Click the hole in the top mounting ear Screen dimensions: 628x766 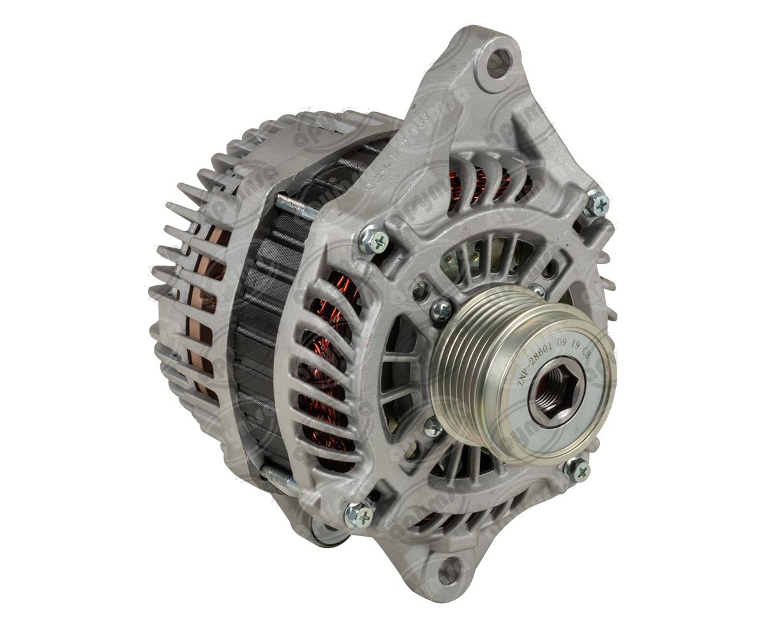[499, 63]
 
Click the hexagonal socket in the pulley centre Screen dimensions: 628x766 [557, 392]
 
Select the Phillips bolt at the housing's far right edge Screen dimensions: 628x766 [597, 204]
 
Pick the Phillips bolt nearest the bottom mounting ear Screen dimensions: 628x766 [360, 514]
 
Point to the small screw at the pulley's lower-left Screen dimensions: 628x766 [433, 428]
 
